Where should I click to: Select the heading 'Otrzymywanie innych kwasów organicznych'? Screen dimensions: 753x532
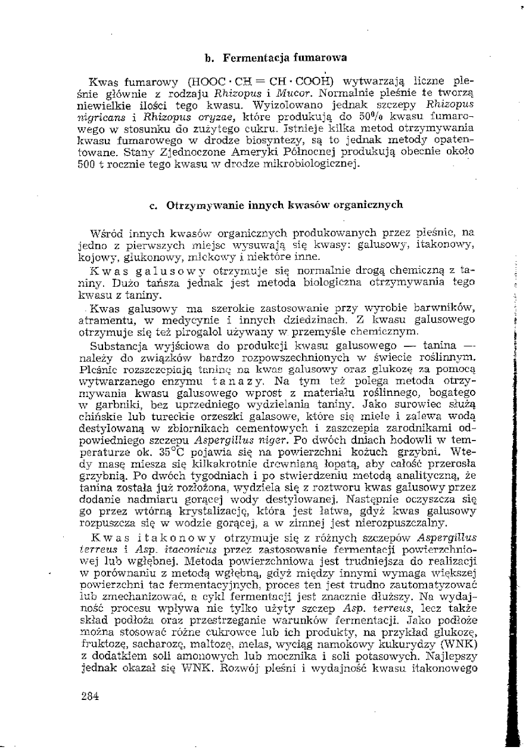point(284,205)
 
